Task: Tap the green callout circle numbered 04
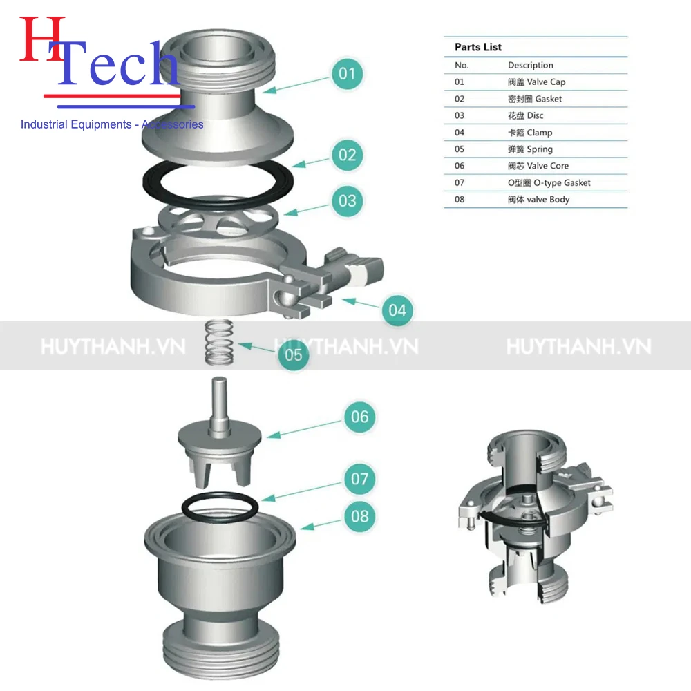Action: coord(397,310)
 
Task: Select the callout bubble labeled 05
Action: coord(294,354)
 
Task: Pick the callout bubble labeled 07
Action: coord(360,478)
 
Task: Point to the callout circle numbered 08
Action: coord(360,515)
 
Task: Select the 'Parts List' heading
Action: coord(478,47)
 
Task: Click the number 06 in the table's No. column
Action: coord(460,166)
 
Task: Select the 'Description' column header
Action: coord(530,65)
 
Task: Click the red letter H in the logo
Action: coord(41,41)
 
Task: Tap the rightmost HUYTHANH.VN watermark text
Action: coord(578,345)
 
